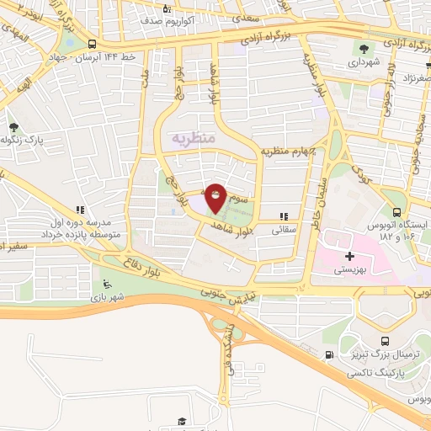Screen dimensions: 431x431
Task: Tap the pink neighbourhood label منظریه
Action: [194, 136]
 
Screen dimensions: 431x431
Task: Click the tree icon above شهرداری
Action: [364, 48]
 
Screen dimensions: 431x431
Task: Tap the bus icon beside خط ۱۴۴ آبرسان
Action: [91, 45]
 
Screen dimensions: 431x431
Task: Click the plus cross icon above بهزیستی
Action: [349, 255]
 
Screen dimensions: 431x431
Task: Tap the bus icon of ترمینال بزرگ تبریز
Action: [385, 341]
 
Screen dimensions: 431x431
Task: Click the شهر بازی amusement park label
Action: [109, 297]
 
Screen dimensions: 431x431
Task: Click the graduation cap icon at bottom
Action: [180, 420]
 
